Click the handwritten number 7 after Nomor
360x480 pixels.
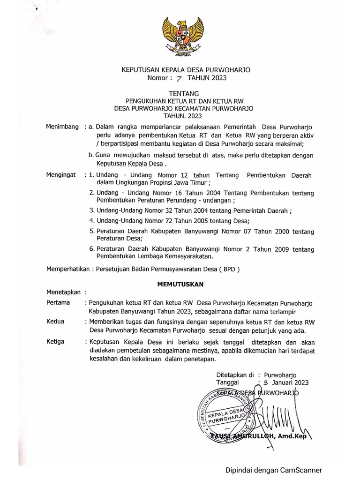[x=179, y=79]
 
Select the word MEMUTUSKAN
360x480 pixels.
[x=180, y=284]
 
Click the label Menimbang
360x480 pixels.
[x=62, y=127]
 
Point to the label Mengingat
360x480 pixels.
[x=61, y=175]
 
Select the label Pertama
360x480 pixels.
[x=58, y=302]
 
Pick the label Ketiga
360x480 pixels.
[x=56, y=341]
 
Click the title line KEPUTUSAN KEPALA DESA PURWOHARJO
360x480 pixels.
[x=186, y=70]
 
